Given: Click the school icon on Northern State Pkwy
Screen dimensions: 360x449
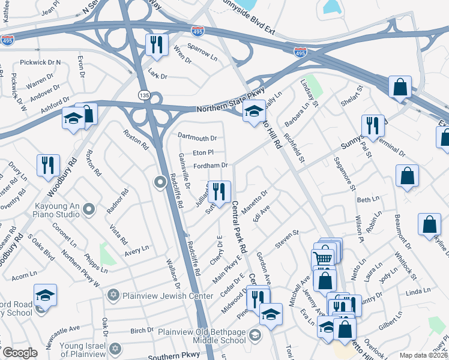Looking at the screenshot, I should click(x=254, y=110).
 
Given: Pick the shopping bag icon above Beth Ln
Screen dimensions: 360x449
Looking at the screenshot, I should click(x=407, y=176).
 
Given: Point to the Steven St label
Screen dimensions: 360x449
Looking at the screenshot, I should click(x=287, y=238).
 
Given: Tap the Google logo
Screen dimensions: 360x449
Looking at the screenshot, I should click(x=20, y=353).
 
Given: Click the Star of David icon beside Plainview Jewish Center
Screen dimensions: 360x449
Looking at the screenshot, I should click(x=113, y=296).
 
